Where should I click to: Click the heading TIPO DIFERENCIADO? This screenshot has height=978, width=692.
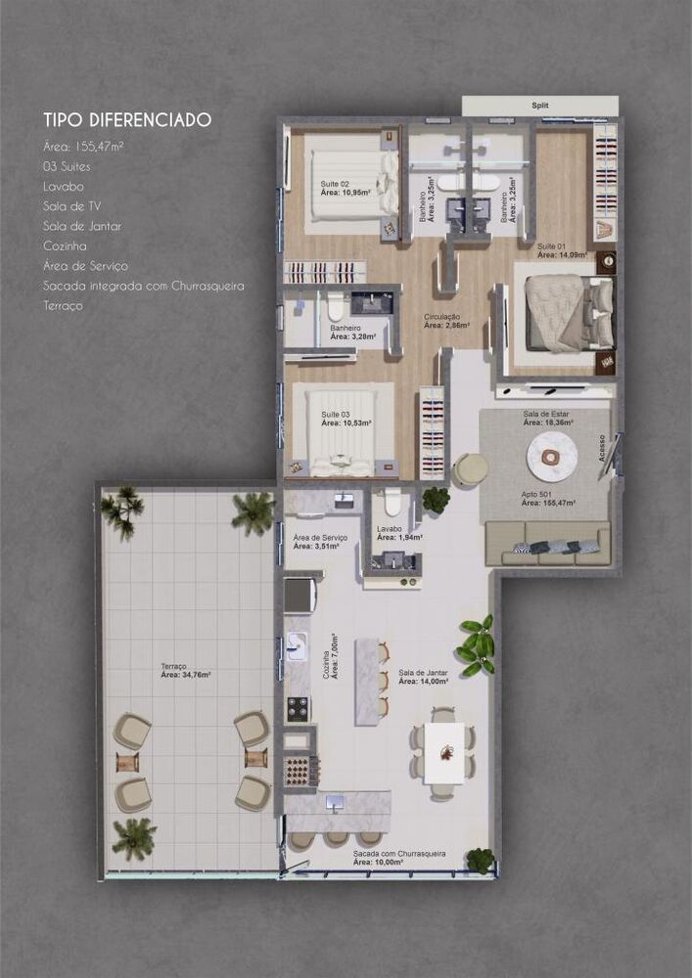click(x=127, y=120)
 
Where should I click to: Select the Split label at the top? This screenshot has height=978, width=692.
click(x=540, y=105)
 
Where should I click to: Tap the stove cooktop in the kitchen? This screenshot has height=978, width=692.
click(x=297, y=708)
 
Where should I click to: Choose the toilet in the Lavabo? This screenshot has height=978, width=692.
click(x=393, y=503)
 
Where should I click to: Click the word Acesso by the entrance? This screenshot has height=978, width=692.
click(x=603, y=448)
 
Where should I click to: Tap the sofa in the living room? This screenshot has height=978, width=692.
click(x=548, y=544)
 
